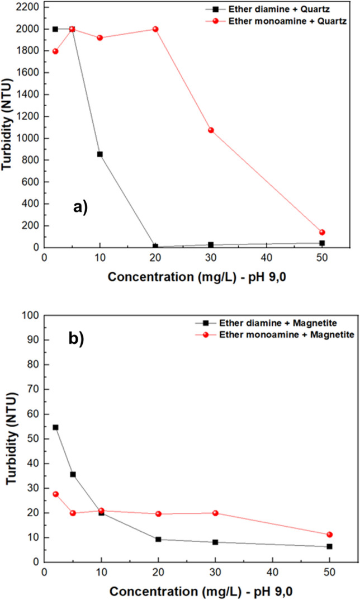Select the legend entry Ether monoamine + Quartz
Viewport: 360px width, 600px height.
point(295,21)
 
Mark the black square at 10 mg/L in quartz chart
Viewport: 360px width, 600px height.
point(100,154)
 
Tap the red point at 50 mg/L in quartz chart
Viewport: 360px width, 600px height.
point(322,232)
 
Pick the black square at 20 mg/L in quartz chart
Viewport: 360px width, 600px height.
point(155,246)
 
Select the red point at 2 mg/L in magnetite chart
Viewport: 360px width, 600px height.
point(55,494)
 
